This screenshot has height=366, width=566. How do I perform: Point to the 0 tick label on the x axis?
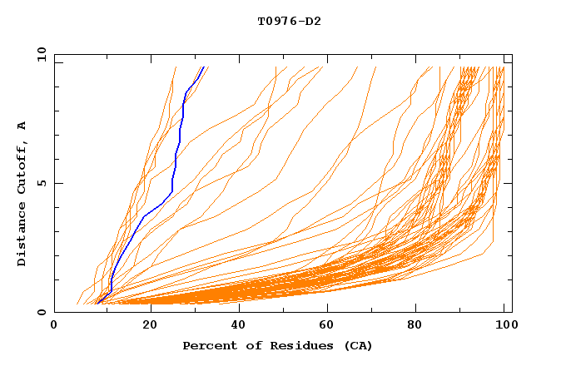coord(55,326)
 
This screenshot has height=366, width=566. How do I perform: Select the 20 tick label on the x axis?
coord(145,326)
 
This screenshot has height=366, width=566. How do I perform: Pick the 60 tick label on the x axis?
coord(325,326)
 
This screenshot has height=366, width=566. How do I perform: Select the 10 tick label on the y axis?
coord(40,54)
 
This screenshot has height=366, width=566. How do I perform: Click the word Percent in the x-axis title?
coord(206,345)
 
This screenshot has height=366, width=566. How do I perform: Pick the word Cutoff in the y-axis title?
coord(22,167)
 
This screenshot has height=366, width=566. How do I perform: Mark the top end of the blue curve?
coord(202,67)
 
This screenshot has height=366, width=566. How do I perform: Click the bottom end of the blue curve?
coord(97,300)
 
